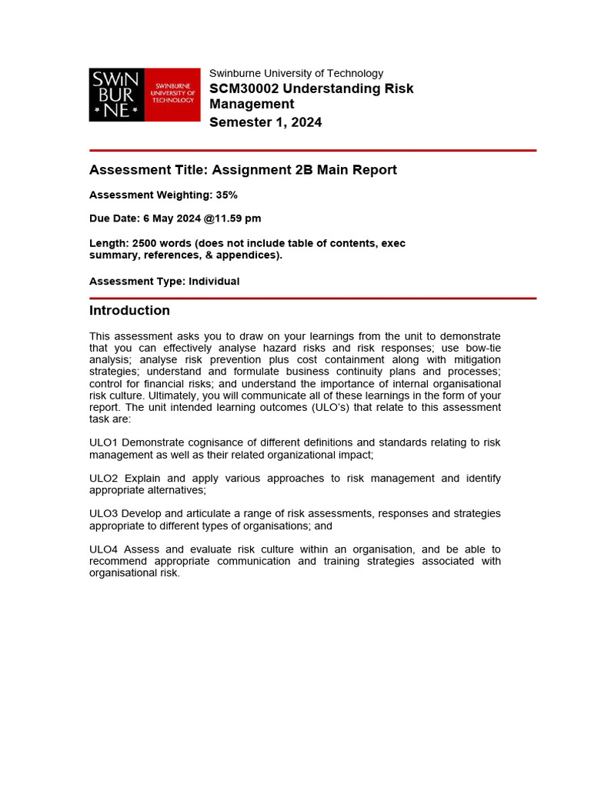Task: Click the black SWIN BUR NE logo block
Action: [117, 95]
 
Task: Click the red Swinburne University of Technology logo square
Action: [172, 95]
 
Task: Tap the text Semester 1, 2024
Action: [265, 122]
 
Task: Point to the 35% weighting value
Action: [226, 195]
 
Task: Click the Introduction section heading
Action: [129, 311]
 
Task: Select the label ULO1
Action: [103, 442]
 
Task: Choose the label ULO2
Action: [103, 478]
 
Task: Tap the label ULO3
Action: [103, 513]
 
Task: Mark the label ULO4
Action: [103, 549]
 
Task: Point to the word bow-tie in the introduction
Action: [479, 348]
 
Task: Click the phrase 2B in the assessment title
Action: [306, 170]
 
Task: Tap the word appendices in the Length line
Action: [251, 255]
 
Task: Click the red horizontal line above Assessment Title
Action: [312, 150]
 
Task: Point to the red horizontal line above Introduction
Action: [312, 298]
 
